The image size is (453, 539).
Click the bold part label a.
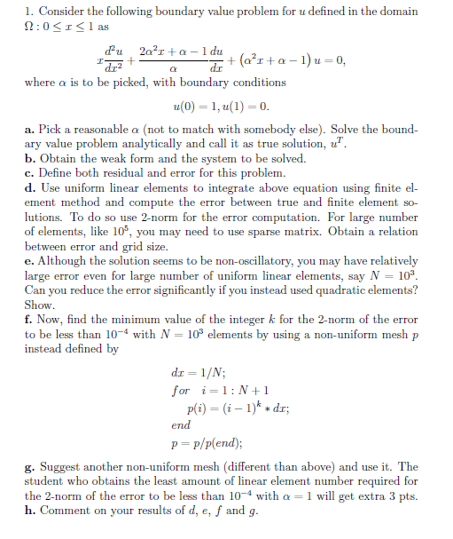pos(29,130)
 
